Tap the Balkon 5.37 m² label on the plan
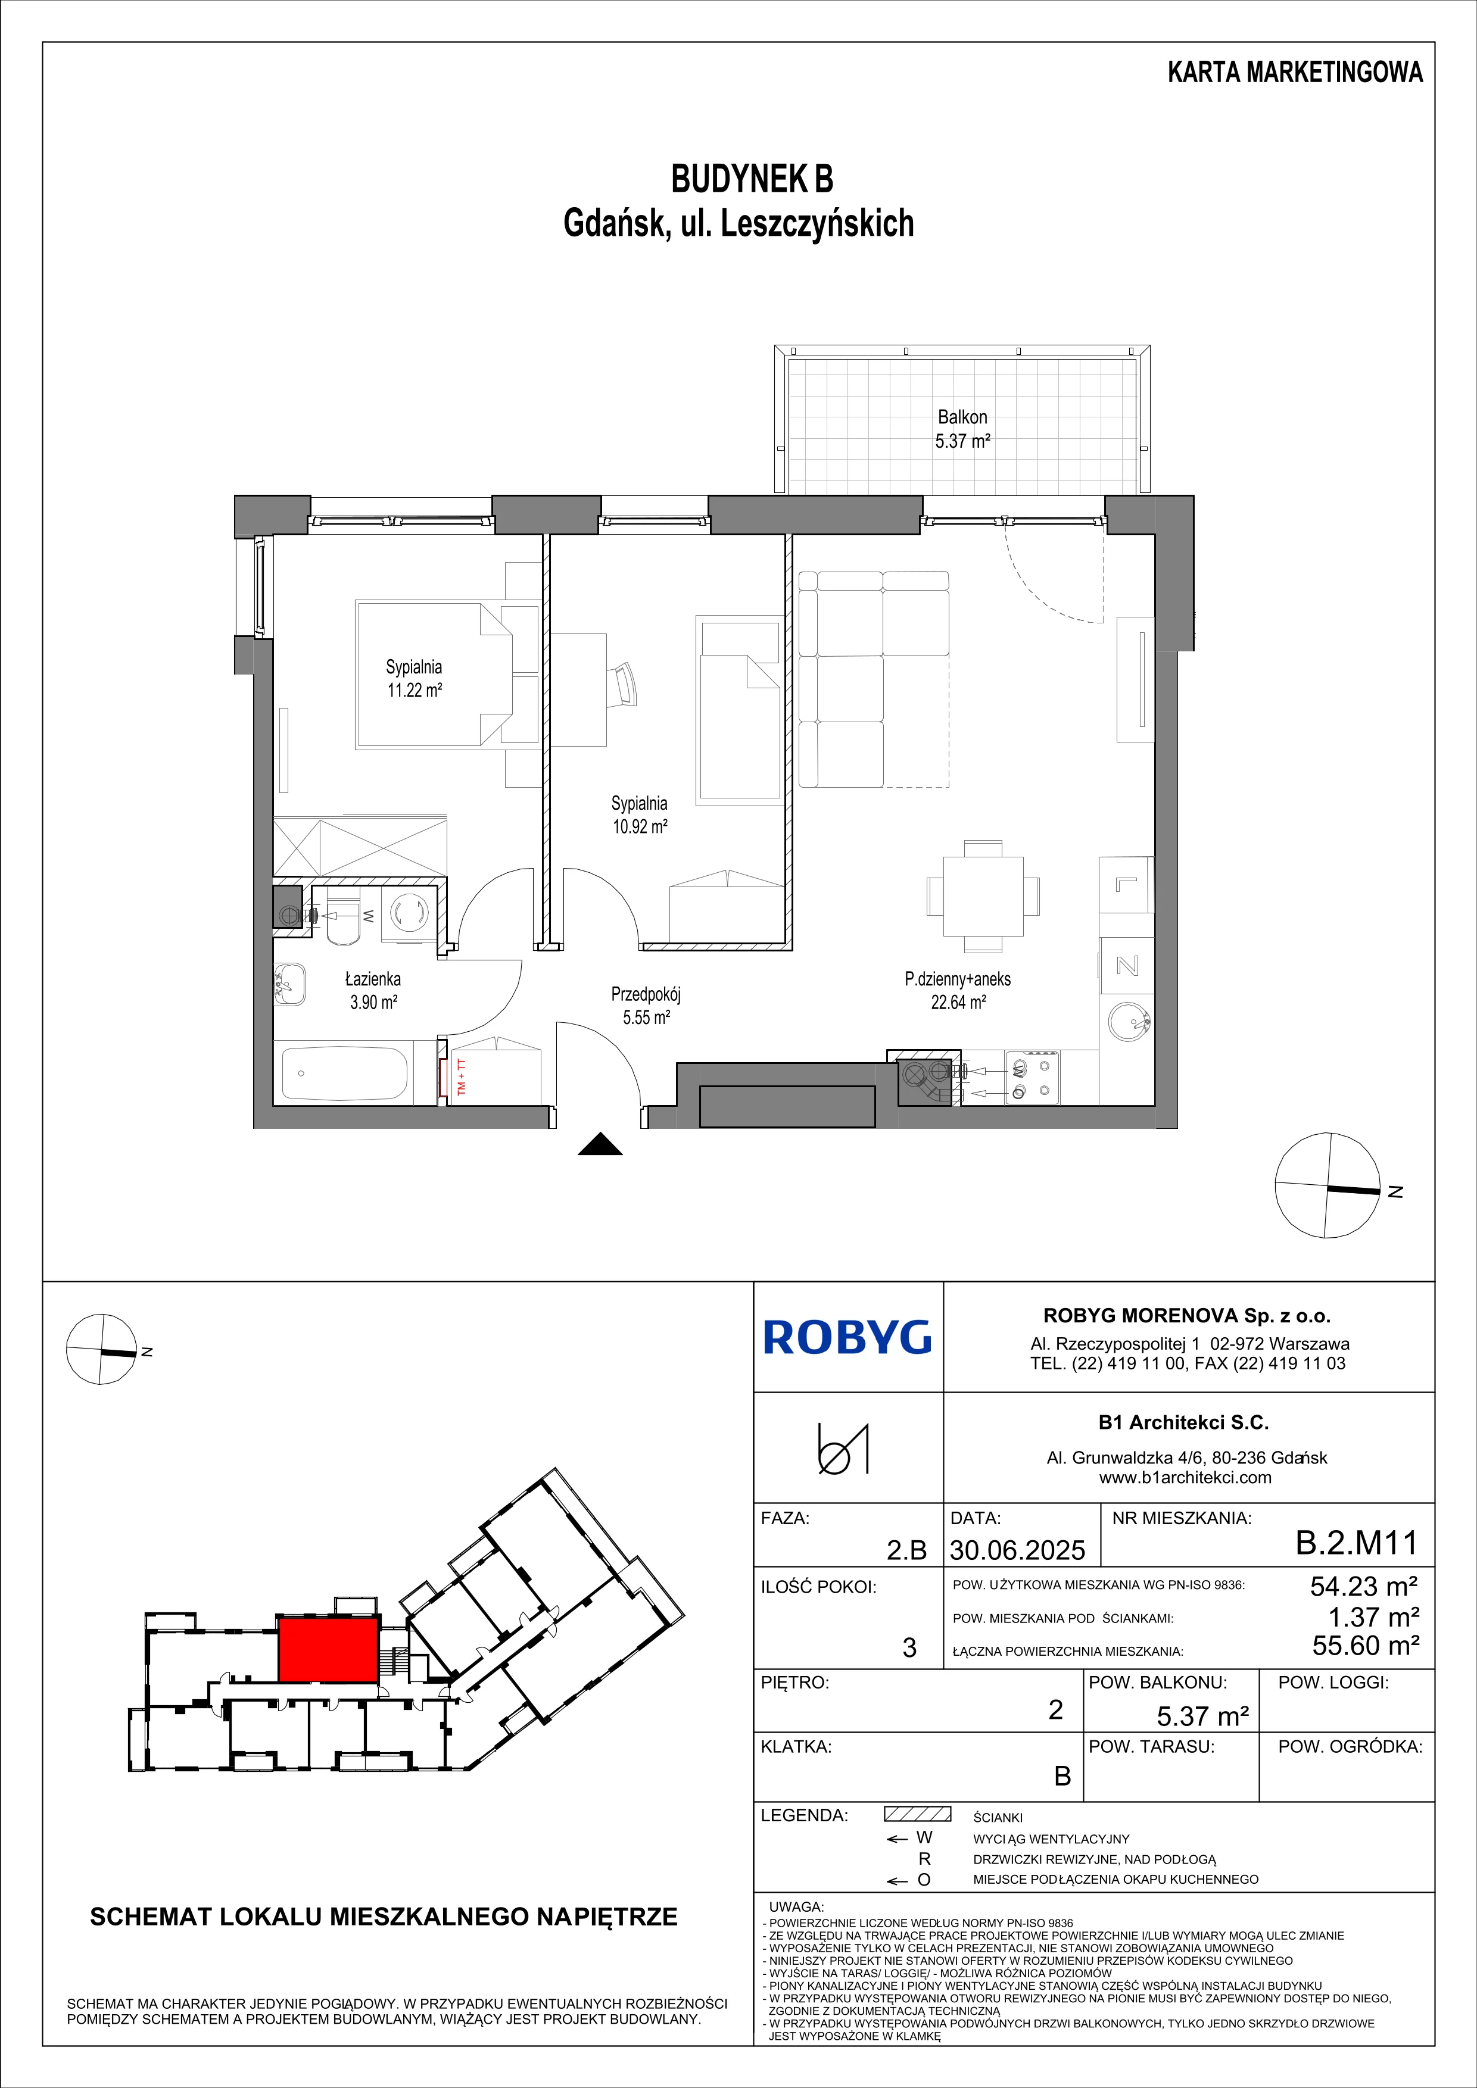(x=962, y=429)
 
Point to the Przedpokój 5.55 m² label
(x=646, y=1006)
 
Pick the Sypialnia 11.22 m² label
(x=415, y=678)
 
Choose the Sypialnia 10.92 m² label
(x=640, y=815)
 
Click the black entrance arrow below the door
(x=600, y=1144)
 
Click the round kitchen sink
(x=1130, y=1023)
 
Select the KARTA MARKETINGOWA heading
(x=1295, y=73)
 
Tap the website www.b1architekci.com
(x=1185, y=1478)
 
